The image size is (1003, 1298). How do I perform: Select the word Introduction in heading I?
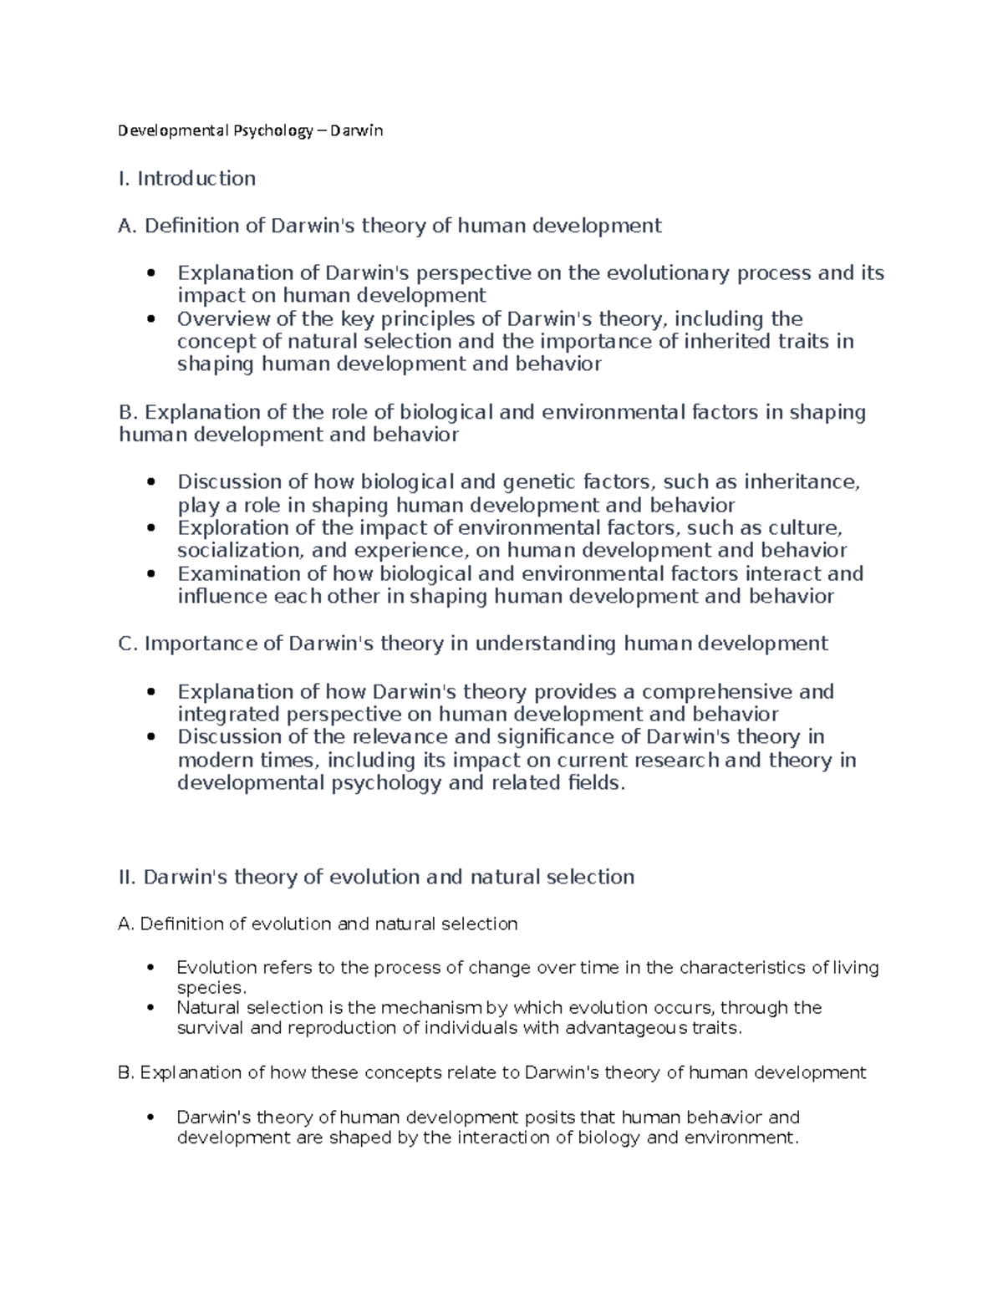point(196,178)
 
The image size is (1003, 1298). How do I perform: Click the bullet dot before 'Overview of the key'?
point(150,319)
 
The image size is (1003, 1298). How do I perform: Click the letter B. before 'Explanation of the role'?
point(127,412)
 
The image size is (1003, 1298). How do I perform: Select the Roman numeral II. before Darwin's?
point(129,877)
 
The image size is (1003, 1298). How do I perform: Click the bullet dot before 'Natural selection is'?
point(150,1008)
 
